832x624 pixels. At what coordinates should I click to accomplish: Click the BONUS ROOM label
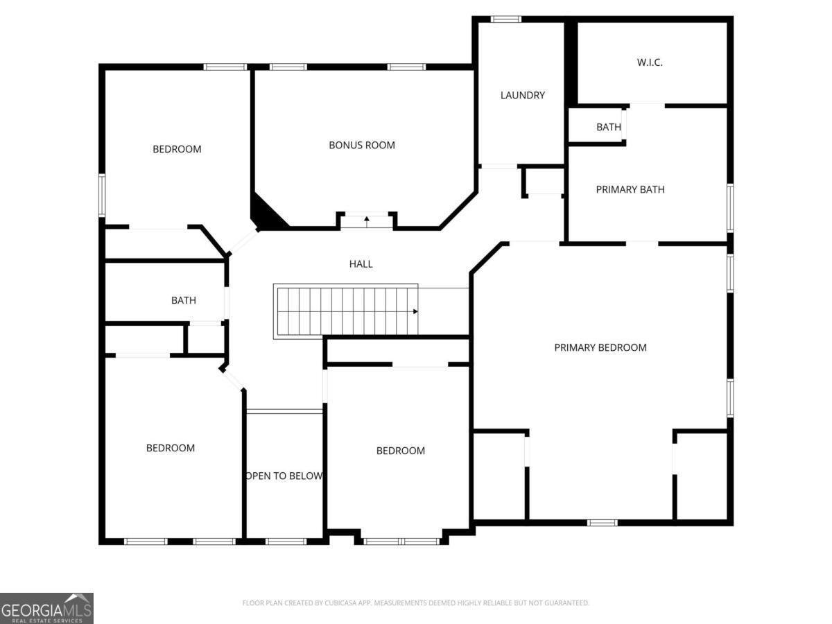pyautogui.click(x=362, y=145)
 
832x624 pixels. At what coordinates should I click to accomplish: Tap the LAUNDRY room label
pyautogui.click(x=523, y=95)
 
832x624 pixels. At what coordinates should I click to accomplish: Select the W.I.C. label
pyautogui.click(x=650, y=62)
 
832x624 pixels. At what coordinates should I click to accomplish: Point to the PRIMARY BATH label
pyautogui.click(x=630, y=189)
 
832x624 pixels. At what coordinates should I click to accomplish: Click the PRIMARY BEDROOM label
pyautogui.click(x=600, y=347)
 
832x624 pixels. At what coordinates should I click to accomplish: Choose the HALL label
pyautogui.click(x=361, y=263)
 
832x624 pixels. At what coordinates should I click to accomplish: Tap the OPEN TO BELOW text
pyautogui.click(x=284, y=476)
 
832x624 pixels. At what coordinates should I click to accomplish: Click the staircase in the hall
pyautogui.click(x=347, y=311)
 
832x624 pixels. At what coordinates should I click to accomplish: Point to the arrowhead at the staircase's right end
pyautogui.click(x=415, y=311)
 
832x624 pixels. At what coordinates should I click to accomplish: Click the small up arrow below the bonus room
pyautogui.click(x=367, y=221)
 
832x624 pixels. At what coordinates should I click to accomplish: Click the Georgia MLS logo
pyautogui.click(x=46, y=608)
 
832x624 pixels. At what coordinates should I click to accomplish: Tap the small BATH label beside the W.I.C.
pyautogui.click(x=609, y=127)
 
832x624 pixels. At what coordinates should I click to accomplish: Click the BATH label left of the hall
pyautogui.click(x=184, y=300)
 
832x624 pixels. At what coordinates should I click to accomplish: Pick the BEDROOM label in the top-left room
pyautogui.click(x=177, y=149)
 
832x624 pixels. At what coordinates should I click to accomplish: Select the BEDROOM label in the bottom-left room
pyautogui.click(x=171, y=448)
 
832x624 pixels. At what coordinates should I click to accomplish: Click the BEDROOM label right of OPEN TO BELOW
pyautogui.click(x=401, y=451)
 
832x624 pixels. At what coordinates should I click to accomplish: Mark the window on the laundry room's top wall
pyautogui.click(x=506, y=19)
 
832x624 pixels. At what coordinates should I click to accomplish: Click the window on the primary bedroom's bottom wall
pyautogui.click(x=602, y=522)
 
